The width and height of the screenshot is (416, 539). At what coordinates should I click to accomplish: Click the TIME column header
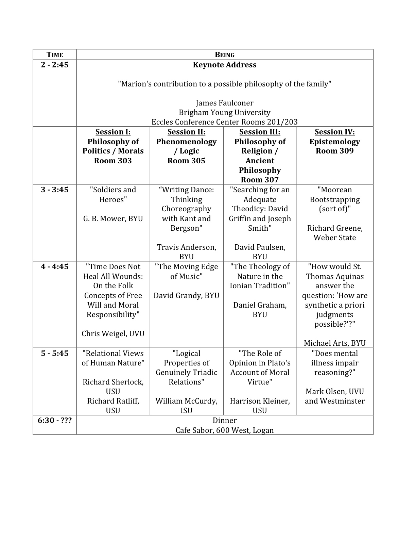[55, 55]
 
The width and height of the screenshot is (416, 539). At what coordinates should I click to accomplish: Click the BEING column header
[225, 55]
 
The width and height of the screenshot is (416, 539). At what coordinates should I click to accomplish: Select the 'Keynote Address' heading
[225, 65]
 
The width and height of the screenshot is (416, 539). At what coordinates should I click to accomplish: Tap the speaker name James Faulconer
[225, 103]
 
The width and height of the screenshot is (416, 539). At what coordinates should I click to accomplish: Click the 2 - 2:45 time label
[55, 65]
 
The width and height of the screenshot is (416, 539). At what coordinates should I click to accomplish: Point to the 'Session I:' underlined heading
[113, 132]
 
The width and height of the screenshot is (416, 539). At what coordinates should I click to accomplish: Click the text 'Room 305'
[186, 161]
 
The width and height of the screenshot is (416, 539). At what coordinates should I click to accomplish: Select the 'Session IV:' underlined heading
[335, 132]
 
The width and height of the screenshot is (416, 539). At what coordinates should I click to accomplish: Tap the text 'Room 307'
[260, 180]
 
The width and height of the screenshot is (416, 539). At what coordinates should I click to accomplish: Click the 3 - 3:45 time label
[55, 190]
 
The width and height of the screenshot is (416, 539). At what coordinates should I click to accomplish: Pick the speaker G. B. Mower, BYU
[113, 218]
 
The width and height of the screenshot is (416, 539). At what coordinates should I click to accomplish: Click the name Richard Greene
[335, 228]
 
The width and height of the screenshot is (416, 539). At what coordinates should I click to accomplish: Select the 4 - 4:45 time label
[55, 267]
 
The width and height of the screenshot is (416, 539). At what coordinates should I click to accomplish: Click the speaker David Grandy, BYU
[186, 295]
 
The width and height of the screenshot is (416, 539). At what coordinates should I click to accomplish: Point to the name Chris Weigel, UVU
[113, 333]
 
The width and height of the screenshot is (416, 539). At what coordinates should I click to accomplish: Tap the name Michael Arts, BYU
[335, 343]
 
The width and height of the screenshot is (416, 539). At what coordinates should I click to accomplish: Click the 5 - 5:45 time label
[55, 354]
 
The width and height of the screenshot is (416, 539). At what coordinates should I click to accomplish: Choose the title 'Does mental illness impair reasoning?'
[335, 363]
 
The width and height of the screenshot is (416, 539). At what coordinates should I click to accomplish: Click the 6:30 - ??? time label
[55, 421]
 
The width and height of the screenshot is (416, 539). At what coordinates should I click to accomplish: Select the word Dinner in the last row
[225, 421]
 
